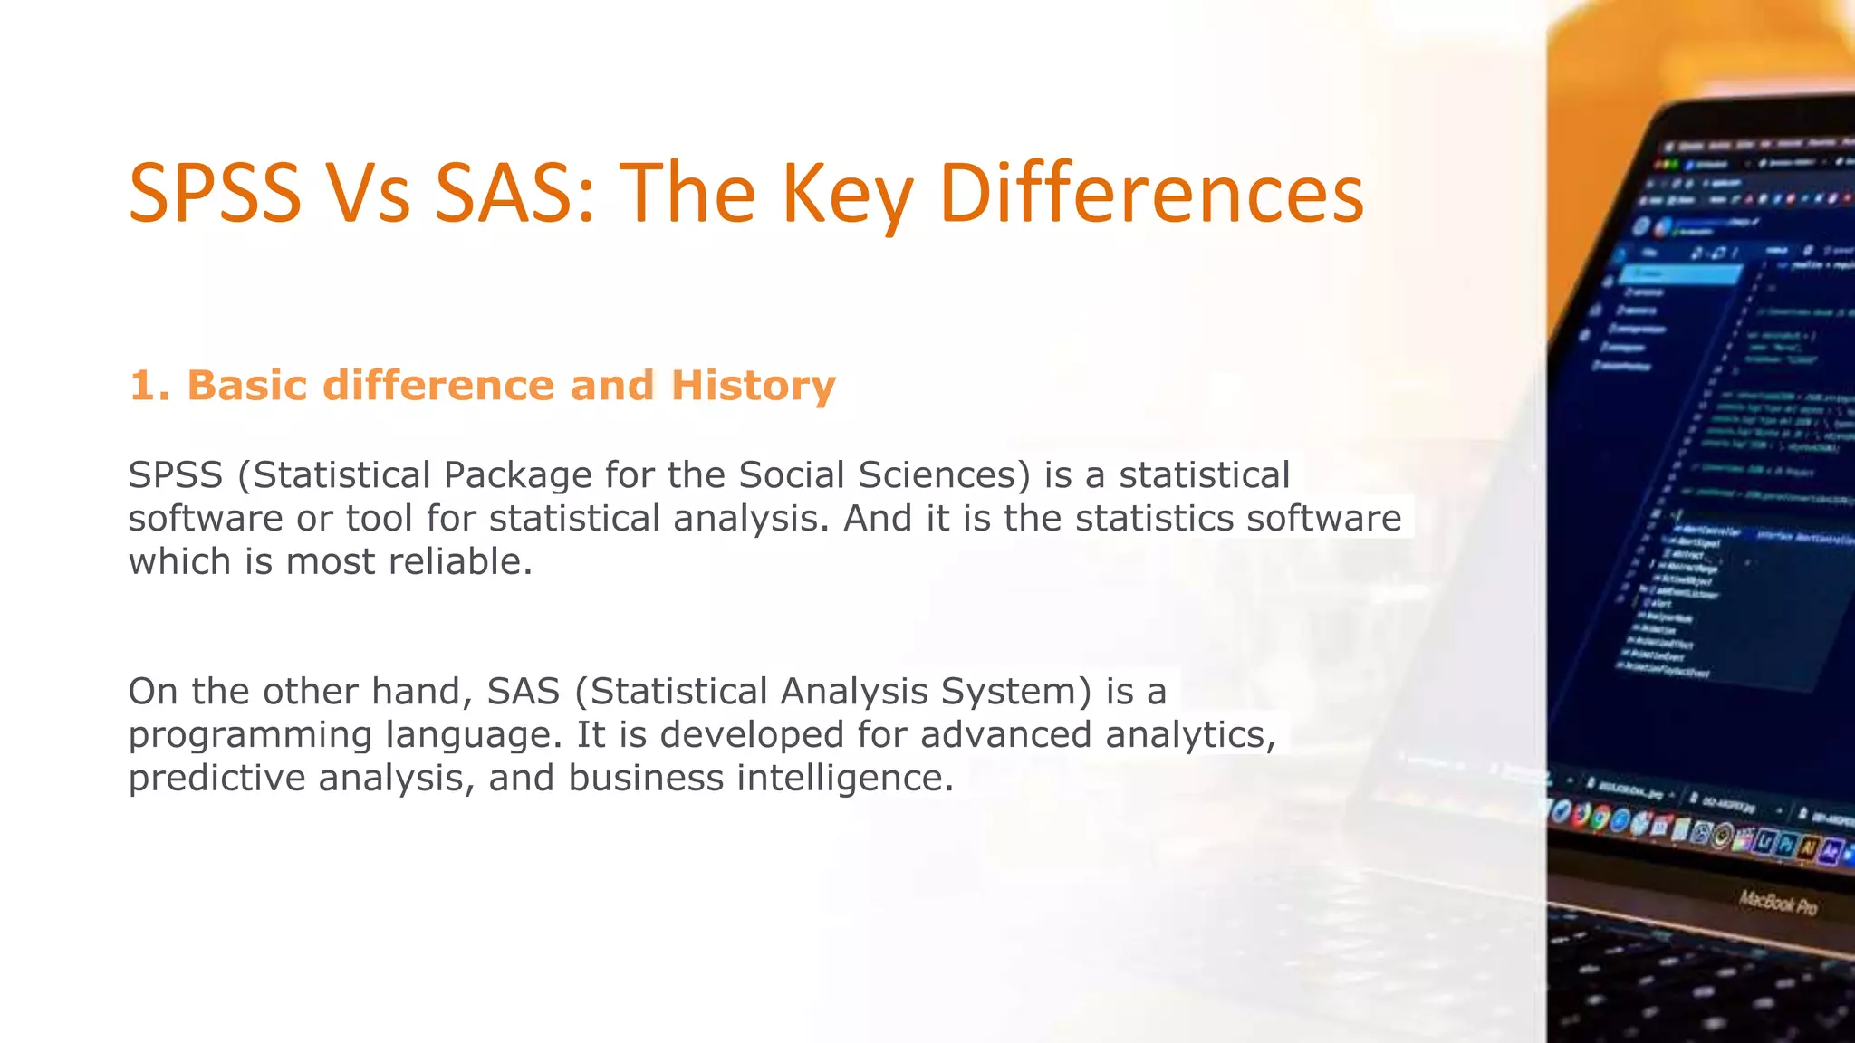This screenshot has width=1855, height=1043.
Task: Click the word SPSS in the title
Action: [x=215, y=194]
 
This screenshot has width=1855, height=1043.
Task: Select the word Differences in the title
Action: [x=1151, y=194]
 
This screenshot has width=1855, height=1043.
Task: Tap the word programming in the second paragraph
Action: [x=250, y=735]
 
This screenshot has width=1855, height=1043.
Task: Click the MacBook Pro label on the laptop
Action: [x=1777, y=903]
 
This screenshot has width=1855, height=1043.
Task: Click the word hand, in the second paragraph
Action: [x=422, y=692]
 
